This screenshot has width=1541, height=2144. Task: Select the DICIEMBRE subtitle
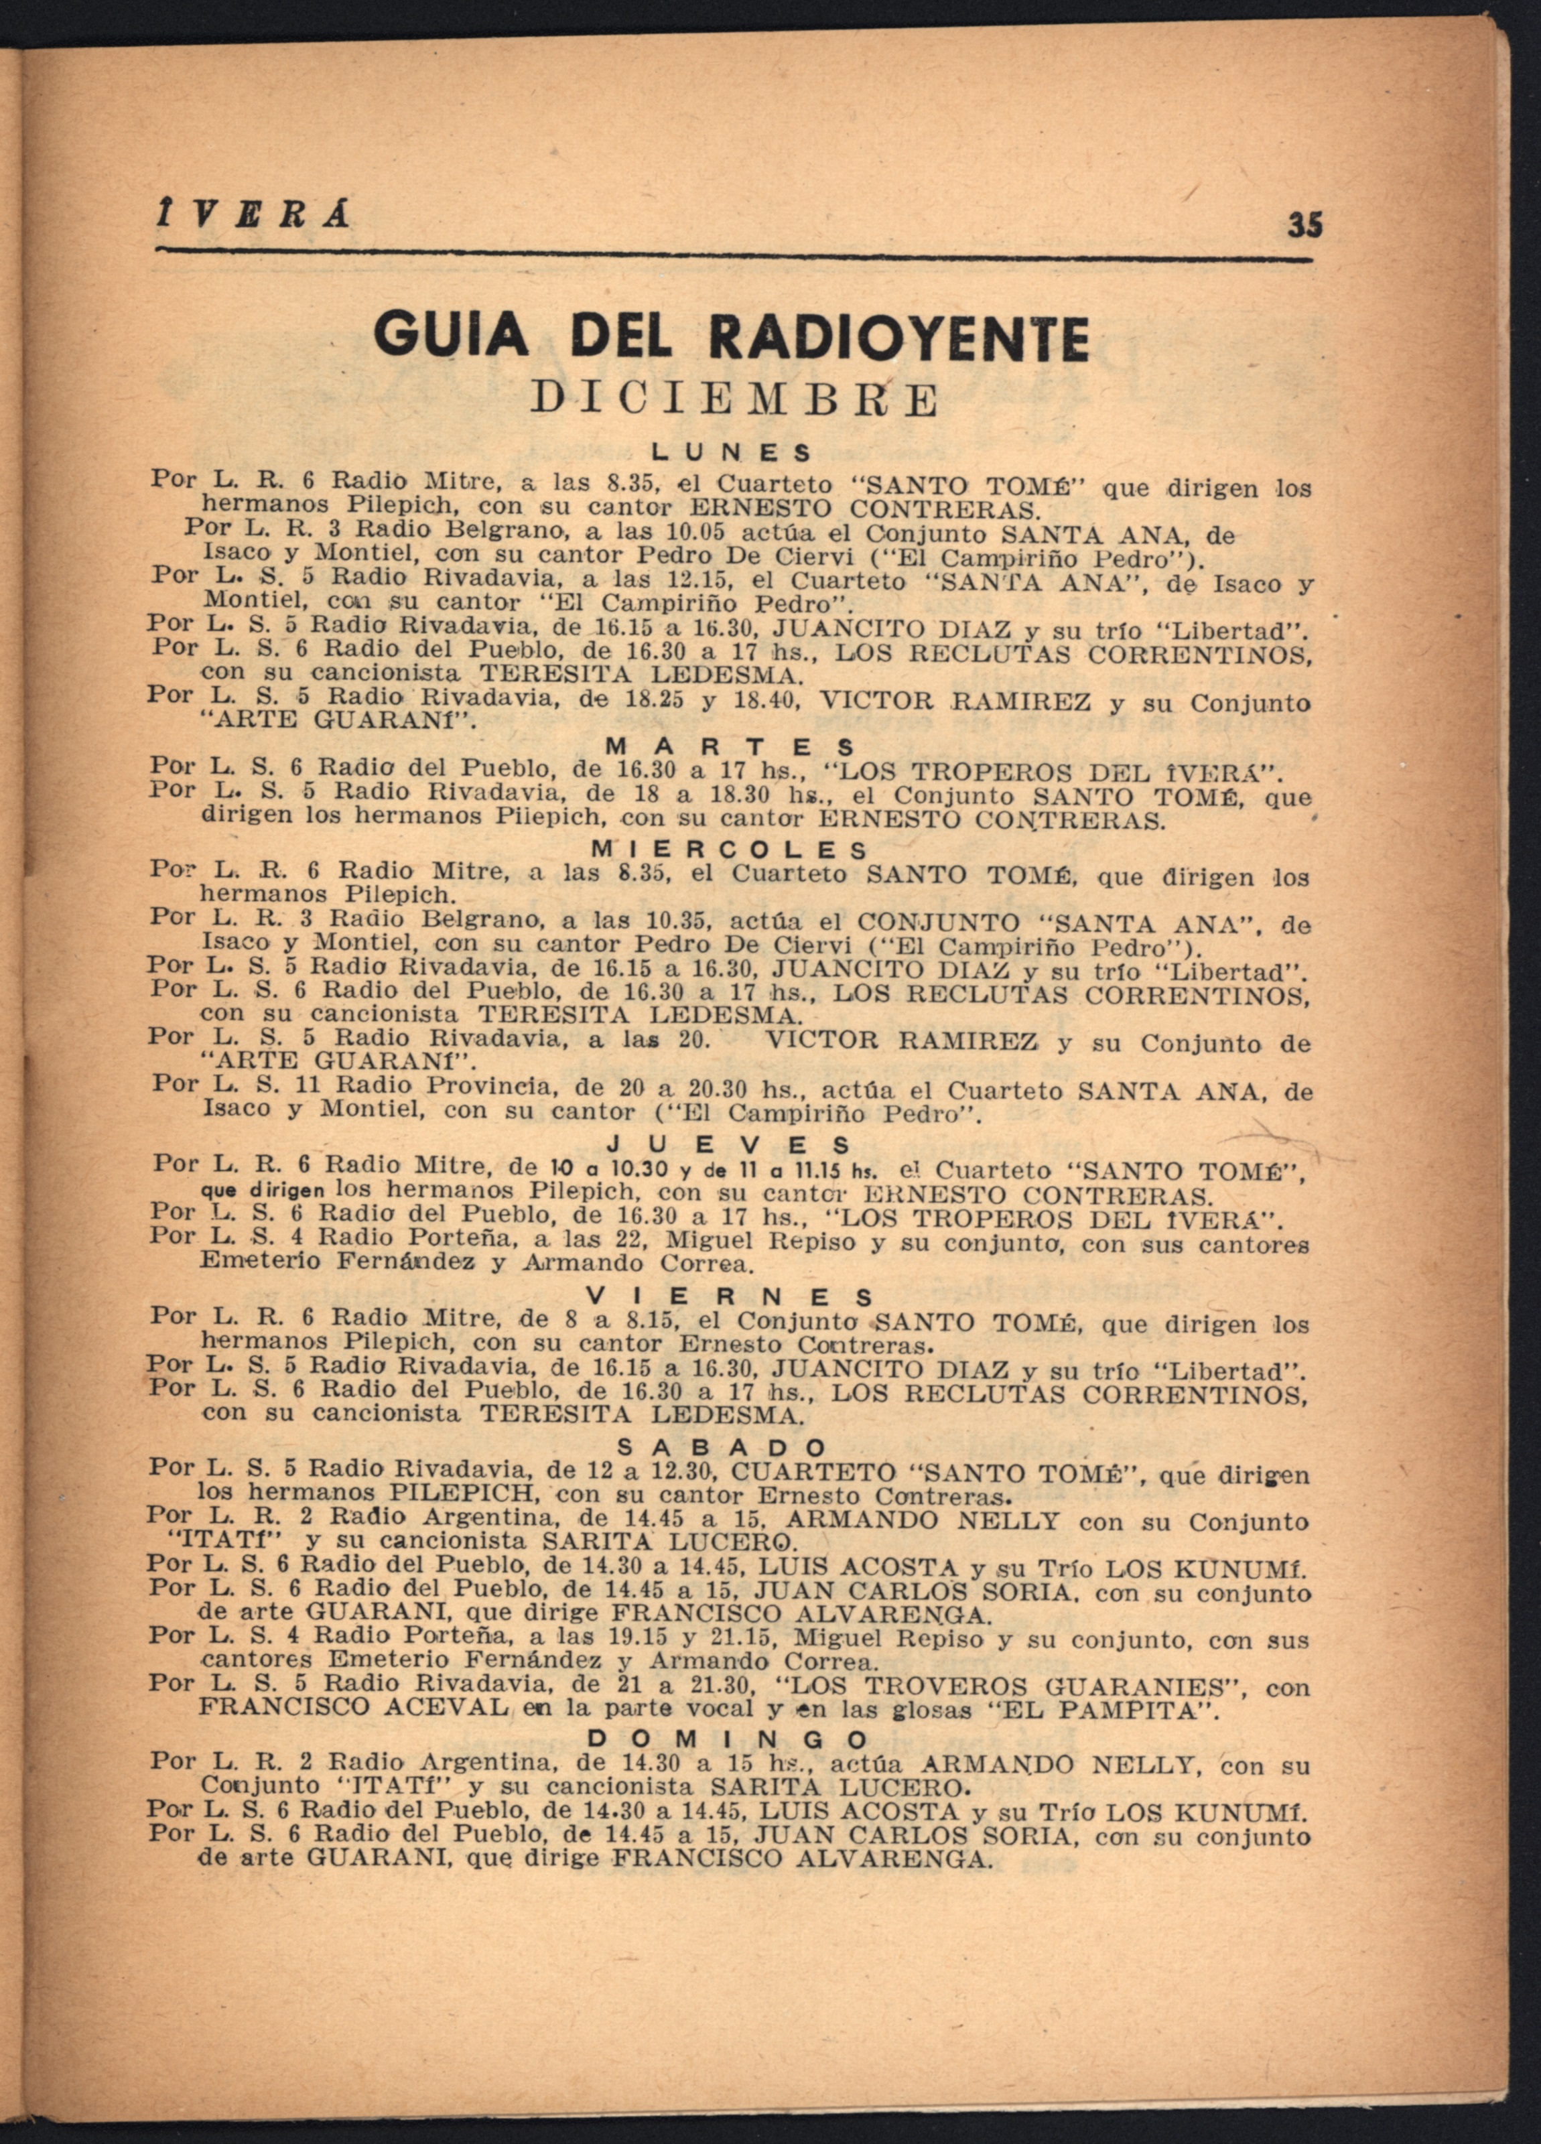point(734,400)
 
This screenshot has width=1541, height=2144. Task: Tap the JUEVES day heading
point(731,1146)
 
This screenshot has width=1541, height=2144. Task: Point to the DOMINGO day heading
point(728,1739)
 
